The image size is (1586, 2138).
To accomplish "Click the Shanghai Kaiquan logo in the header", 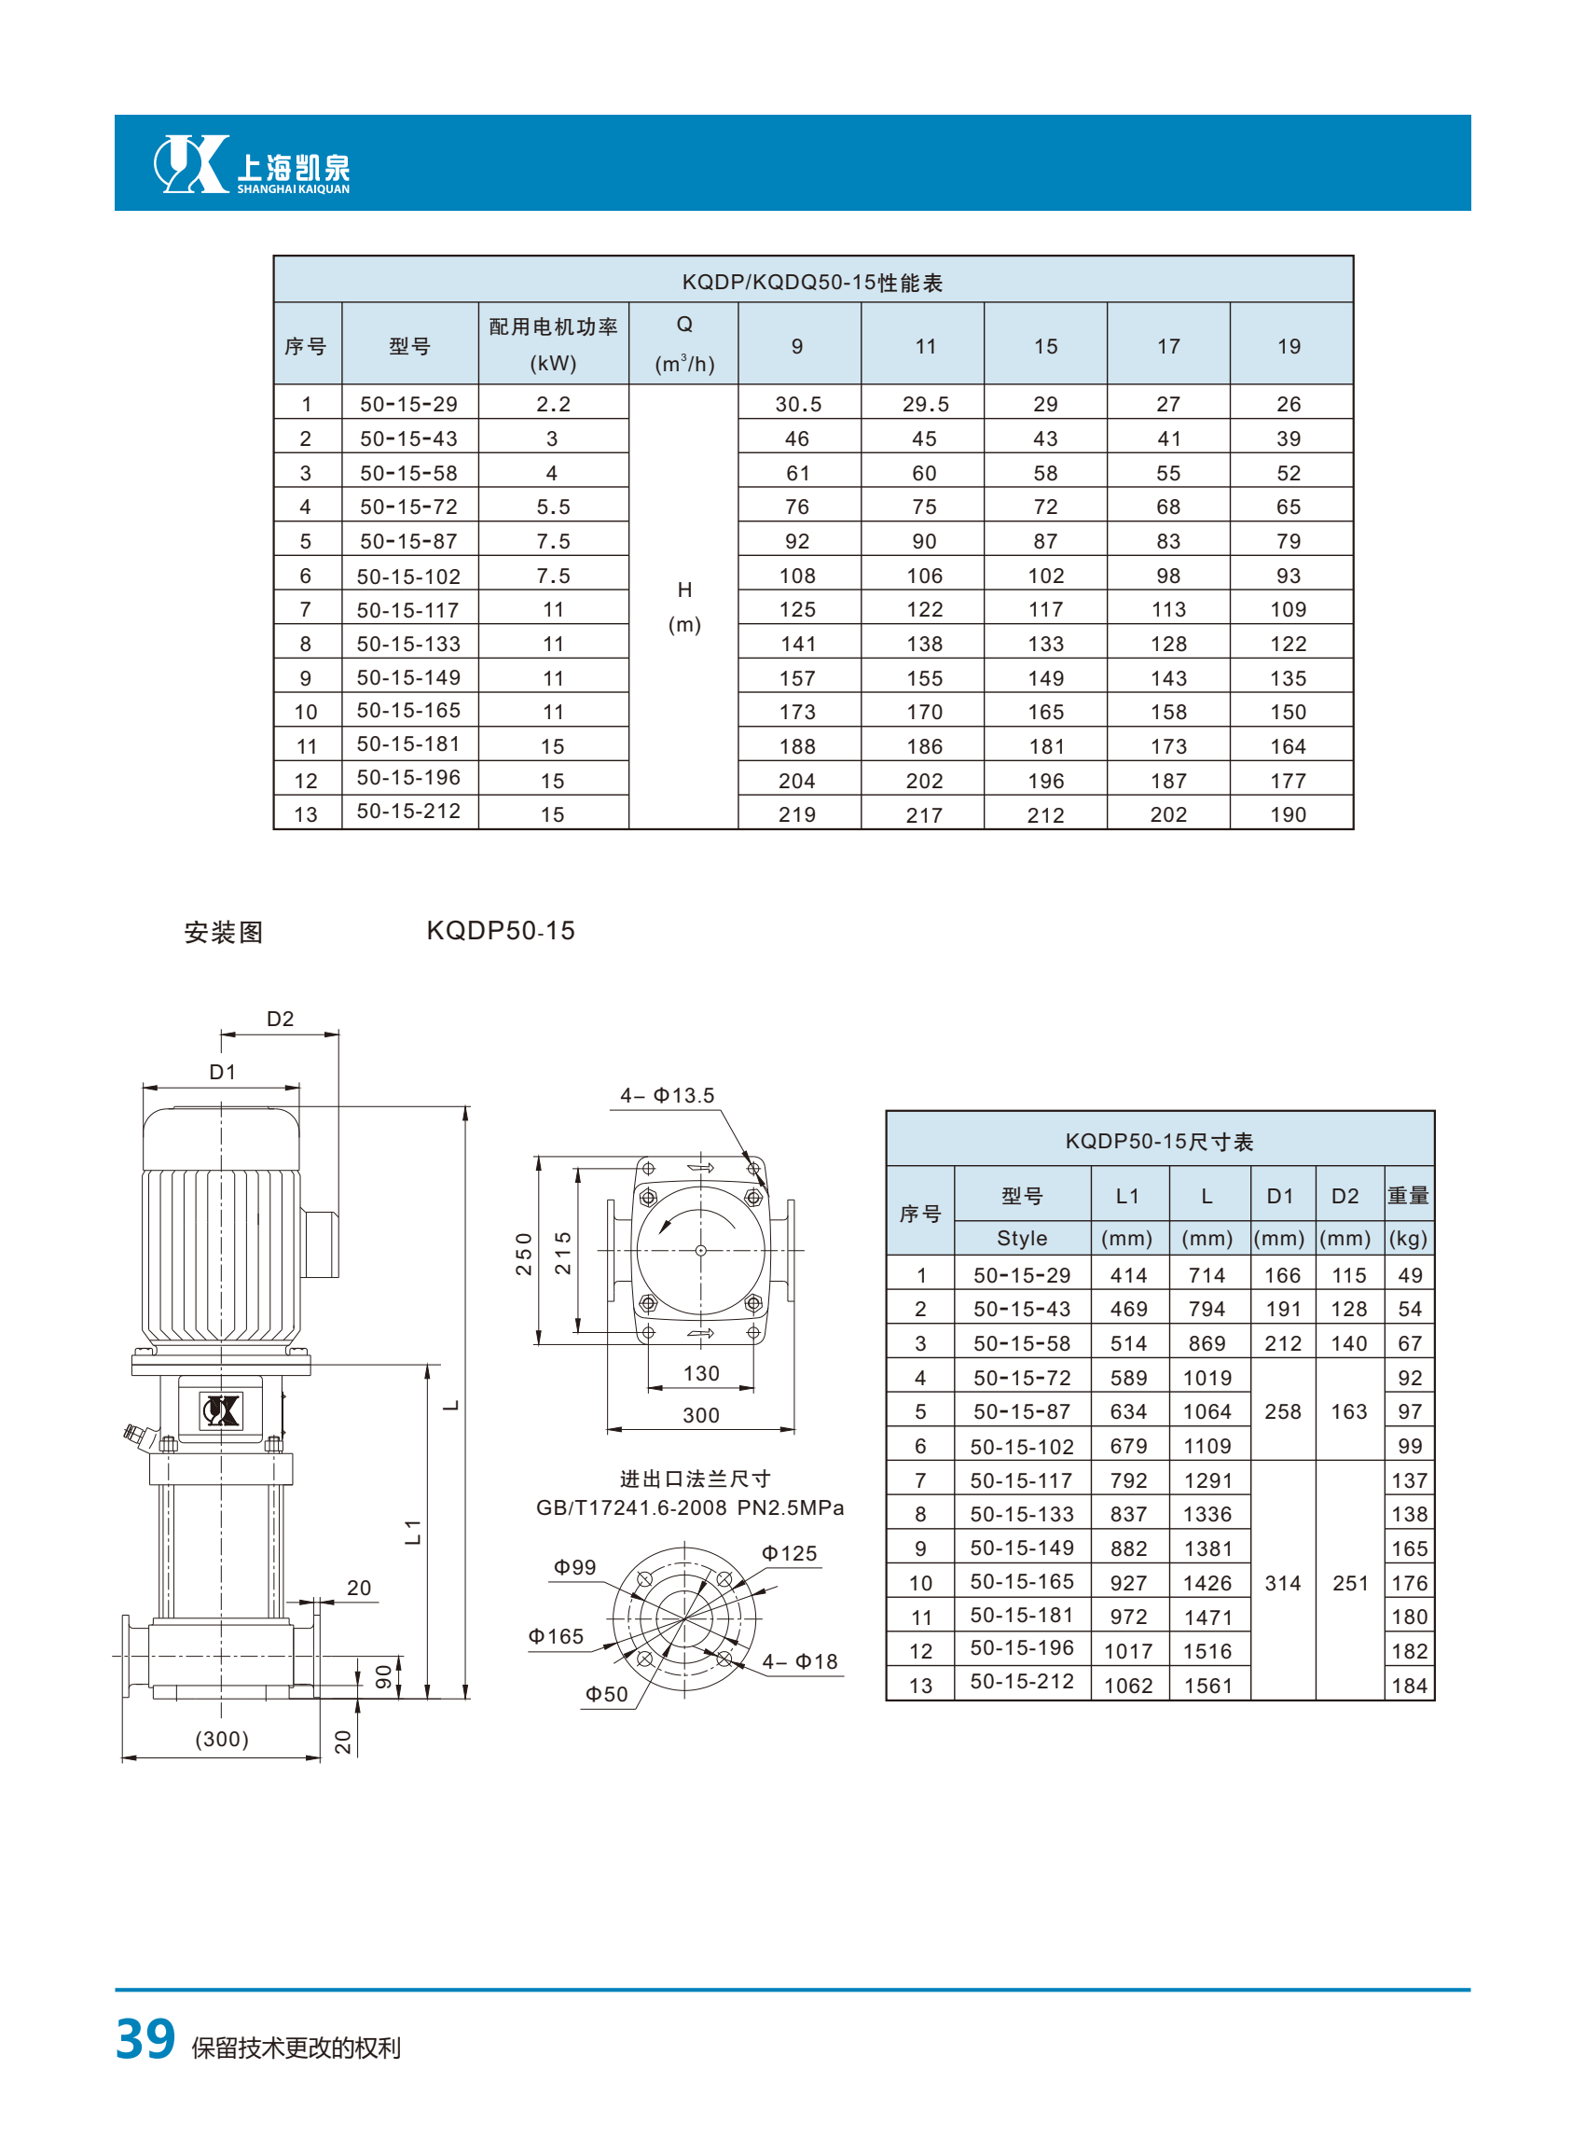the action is click(x=253, y=164).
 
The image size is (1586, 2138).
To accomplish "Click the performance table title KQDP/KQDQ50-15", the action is click(x=812, y=283).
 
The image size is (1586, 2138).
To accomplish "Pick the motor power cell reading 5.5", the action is click(x=553, y=507).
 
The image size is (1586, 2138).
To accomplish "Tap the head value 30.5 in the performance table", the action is click(x=798, y=404).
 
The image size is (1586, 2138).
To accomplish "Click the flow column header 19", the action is click(x=1289, y=346).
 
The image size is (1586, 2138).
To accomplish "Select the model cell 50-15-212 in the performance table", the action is click(x=409, y=811).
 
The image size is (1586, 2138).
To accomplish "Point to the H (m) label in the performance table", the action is click(x=684, y=607).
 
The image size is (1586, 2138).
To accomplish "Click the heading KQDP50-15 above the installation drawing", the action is click(x=500, y=930).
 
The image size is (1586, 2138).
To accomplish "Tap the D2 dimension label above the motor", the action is click(x=281, y=1018).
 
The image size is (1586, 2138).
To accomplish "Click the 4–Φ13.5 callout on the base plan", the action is click(x=668, y=1095).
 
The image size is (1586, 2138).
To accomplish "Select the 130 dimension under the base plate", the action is click(x=701, y=1373).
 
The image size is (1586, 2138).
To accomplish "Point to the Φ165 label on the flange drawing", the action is click(x=556, y=1635).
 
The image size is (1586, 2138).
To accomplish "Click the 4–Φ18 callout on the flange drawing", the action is click(x=800, y=1660).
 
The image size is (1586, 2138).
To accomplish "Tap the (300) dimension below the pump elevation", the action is click(x=222, y=1739).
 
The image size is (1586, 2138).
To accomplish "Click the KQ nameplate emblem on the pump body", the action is click(x=221, y=1410).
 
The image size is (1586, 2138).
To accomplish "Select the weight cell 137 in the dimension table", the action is click(x=1410, y=1480).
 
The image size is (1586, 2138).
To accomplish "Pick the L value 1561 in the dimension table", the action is click(x=1207, y=1686).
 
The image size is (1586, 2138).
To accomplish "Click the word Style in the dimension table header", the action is click(x=1022, y=1238).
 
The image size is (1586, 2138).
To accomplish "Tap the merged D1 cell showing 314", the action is click(x=1283, y=1583).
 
